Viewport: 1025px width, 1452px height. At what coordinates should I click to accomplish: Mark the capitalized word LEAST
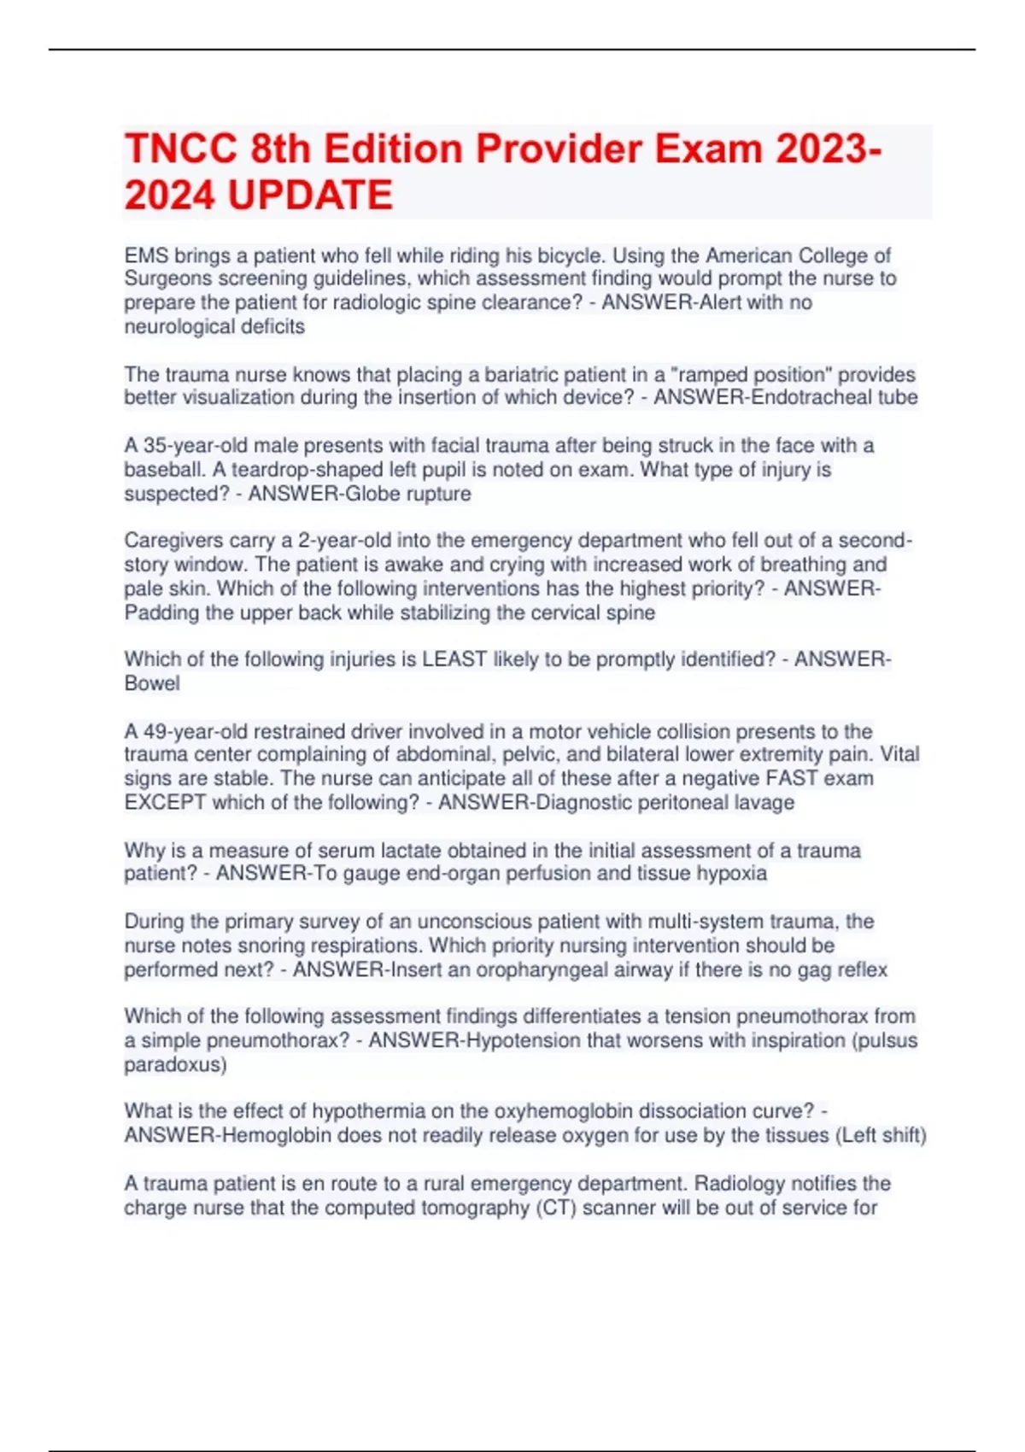tap(454, 659)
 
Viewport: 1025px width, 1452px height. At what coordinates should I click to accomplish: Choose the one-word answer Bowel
tap(152, 683)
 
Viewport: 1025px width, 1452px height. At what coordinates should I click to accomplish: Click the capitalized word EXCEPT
tap(165, 802)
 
